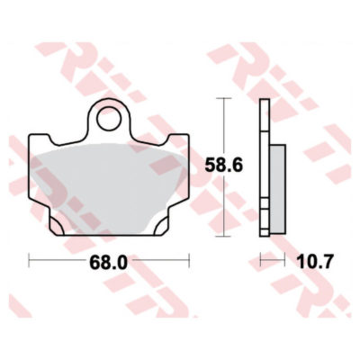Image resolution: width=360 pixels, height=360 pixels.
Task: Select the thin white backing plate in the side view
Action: coord(263,171)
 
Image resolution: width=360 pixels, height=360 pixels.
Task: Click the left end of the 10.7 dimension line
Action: coord(259,261)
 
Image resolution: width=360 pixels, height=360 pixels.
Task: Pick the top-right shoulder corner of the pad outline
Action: coord(188,136)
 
